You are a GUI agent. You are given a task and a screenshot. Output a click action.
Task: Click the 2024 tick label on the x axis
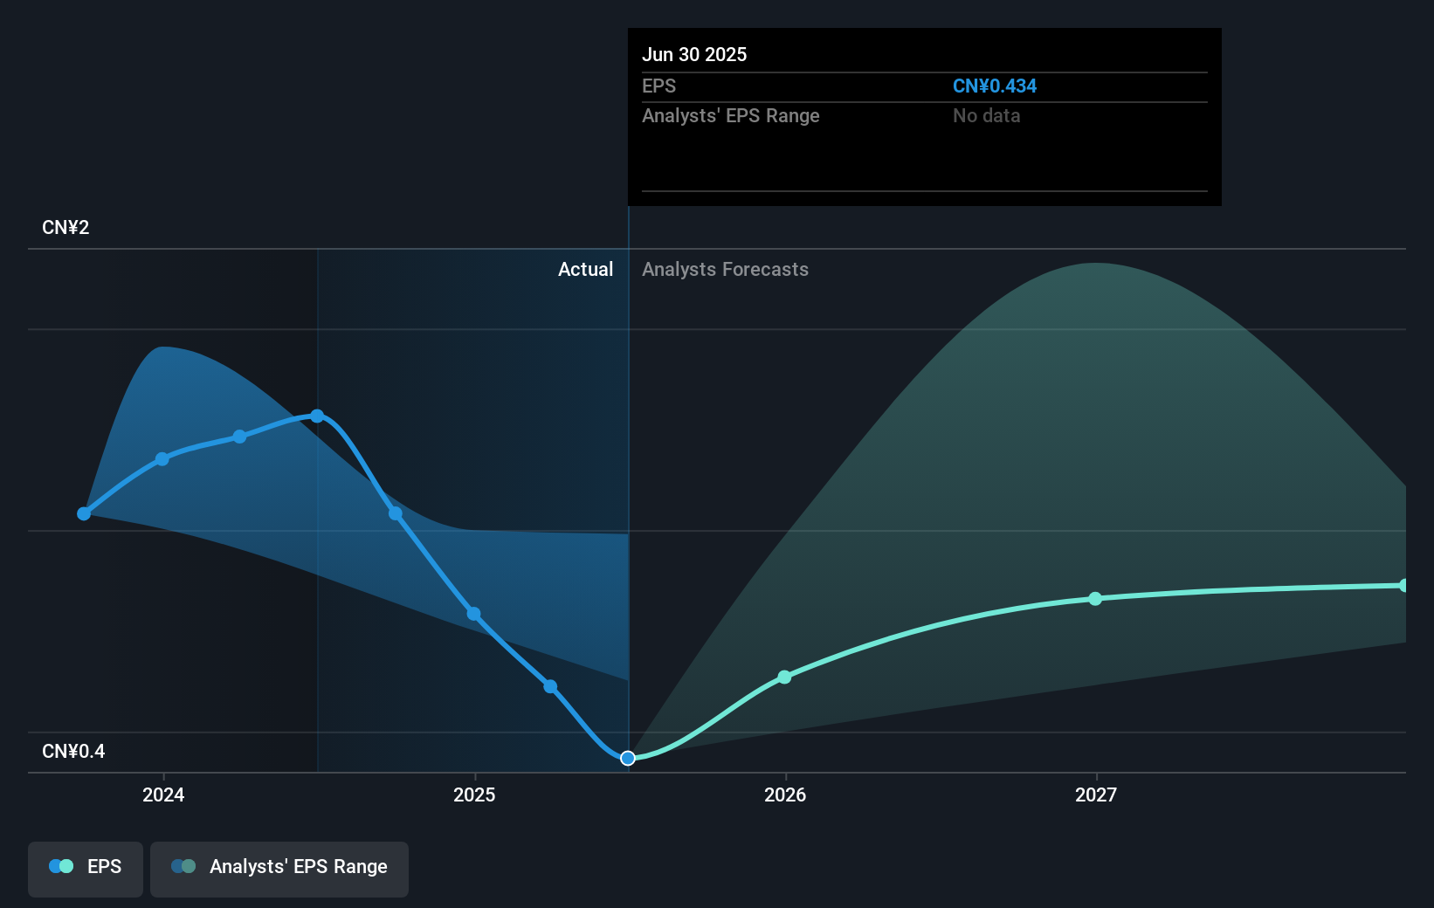pos(163,794)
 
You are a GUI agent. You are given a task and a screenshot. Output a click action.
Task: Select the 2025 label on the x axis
pos(474,794)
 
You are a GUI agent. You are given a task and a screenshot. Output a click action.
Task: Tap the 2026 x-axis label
pos(785,794)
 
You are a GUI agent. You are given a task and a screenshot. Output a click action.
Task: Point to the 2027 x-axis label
pos(1096,794)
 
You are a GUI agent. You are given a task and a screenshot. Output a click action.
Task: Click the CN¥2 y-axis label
pos(65,228)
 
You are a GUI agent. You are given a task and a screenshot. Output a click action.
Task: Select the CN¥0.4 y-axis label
pos(73,752)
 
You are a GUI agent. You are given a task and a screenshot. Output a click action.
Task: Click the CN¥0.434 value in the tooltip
pos(994,86)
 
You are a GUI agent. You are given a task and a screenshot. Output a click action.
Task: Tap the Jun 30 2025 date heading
pos(694,54)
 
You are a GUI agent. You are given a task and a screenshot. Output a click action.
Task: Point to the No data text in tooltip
pos(986,116)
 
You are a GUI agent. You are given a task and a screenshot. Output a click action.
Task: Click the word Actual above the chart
pos(585,270)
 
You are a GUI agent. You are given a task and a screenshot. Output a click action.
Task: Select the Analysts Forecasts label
pos(725,270)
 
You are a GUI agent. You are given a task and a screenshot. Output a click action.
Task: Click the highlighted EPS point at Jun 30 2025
pos(628,758)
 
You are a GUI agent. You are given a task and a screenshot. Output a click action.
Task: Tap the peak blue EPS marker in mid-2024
pos(317,416)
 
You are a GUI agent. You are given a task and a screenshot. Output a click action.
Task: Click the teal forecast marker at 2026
pos(784,677)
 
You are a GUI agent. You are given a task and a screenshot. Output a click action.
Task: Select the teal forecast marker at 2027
pos(1095,599)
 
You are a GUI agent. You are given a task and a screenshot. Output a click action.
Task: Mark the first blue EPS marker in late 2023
pos(84,513)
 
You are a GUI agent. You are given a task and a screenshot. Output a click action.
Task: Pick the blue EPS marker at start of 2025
pos(473,614)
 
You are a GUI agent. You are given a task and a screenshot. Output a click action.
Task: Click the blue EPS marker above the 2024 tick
pos(162,458)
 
